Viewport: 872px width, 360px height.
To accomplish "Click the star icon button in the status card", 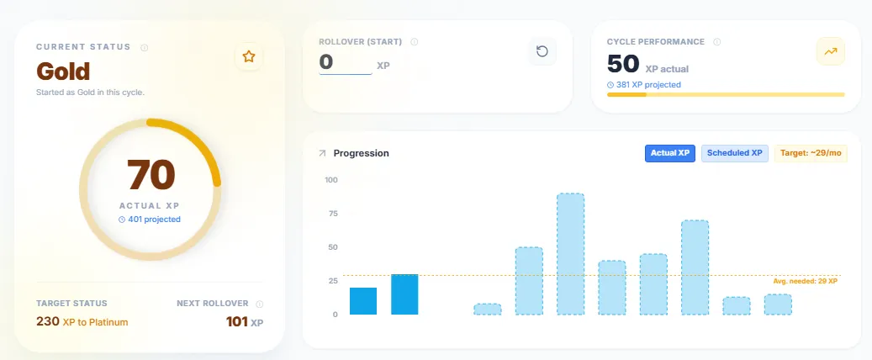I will [x=248, y=56].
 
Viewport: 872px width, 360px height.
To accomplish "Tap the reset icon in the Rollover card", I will [x=542, y=52].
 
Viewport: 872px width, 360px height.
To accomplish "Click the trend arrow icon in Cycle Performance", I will [x=831, y=51].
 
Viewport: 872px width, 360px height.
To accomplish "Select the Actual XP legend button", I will [x=670, y=153].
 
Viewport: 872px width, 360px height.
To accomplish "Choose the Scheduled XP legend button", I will [x=734, y=153].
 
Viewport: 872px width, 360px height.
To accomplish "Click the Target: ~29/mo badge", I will [x=811, y=153].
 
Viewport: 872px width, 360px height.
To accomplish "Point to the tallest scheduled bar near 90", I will [x=570, y=254].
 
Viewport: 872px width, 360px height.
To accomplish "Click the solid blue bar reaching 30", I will [x=404, y=294].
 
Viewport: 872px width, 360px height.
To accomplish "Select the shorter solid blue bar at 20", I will [x=363, y=301].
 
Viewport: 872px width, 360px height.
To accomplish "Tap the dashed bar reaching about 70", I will [x=695, y=267].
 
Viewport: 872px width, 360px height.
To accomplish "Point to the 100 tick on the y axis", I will [x=330, y=180].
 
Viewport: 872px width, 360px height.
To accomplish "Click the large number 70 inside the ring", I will [x=151, y=174].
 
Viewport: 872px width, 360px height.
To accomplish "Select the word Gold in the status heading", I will [x=63, y=70].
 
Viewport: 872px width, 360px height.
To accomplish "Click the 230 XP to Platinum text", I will [x=82, y=321].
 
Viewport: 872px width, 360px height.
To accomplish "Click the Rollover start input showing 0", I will [x=345, y=62].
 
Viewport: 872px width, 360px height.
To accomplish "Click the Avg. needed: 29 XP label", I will [x=805, y=281].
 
